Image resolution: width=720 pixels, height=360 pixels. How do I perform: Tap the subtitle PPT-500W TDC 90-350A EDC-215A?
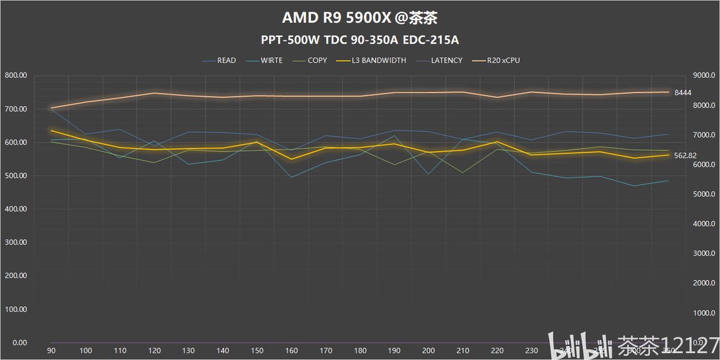[x=360, y=40]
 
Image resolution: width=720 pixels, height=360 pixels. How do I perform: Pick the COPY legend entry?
[x=317, y=60]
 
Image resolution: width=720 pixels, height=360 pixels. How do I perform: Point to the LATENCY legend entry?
[x=446, y=60]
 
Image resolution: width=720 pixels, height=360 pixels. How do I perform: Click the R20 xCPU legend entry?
[x=503, y=60]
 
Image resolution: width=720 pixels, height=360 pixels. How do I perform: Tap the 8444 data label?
[x=683, y=92]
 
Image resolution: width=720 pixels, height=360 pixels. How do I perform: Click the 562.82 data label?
[x=686, y=155]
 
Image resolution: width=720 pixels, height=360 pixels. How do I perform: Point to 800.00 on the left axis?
[x=16, y=76]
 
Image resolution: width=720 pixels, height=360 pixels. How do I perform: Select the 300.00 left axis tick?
[x=16, y=242]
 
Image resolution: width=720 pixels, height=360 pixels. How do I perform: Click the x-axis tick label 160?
[x=292, y=350]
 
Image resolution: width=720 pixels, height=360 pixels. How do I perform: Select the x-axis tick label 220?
[x=498, y=350]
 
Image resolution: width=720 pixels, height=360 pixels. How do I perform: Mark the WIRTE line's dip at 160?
[x=292, y=177]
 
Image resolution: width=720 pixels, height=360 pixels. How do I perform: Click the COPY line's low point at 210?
[x=463, y=173]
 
